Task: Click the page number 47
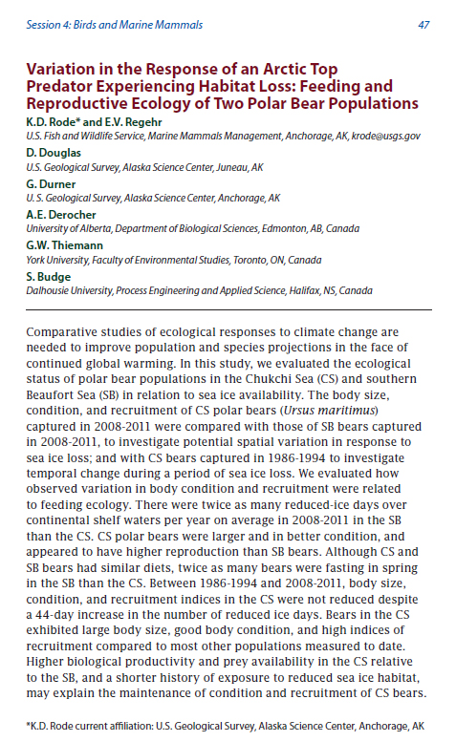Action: click(423, 25)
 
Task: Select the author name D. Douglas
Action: click(50, 153)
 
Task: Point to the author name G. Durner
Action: click(48, 183)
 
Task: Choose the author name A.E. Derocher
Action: click(58, 214)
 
